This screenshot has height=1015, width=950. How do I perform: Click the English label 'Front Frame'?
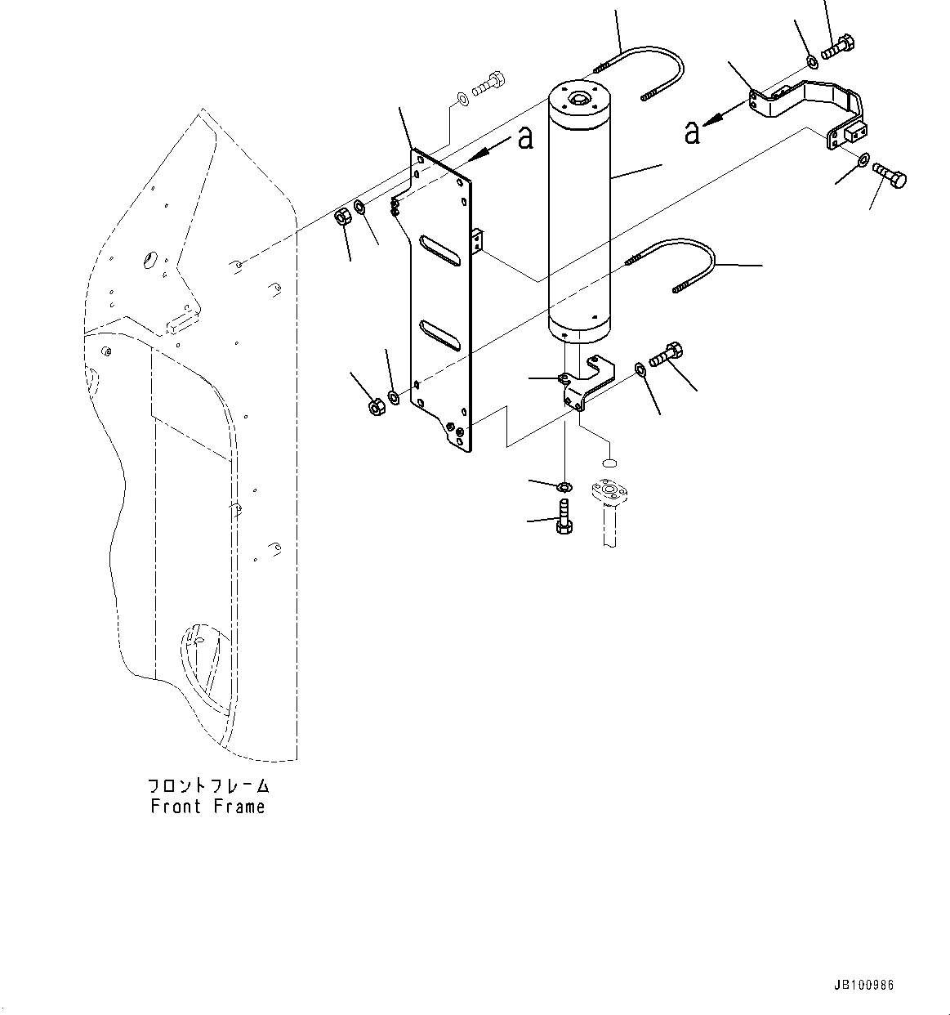[x=207, y=807]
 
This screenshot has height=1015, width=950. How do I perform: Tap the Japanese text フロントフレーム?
[x=207, y=786]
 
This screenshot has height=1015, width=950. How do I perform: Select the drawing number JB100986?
[x=863, y=985]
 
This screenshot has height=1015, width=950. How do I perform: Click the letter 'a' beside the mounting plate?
[x=524, y=138]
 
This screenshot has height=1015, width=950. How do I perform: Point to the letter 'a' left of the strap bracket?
[x=692, y=132]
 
